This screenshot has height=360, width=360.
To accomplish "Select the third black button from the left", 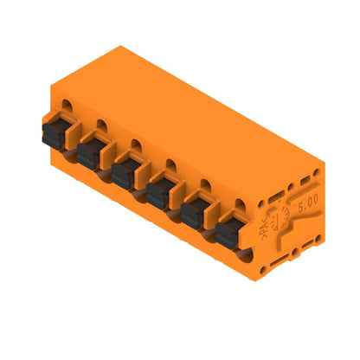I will coord(124,172).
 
